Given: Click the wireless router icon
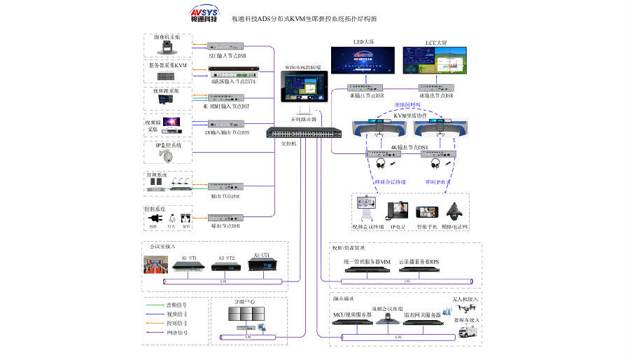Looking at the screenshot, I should [x=303, y=111].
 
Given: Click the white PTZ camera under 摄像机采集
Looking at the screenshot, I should [x=168, y=48].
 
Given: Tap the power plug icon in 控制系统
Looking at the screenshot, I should [x=154, y=219].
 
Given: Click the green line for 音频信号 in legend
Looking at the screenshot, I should [x=155, y=305].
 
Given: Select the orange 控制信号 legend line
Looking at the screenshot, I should [x=155, y=324].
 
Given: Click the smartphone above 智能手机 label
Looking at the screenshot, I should [x=426, y=213].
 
